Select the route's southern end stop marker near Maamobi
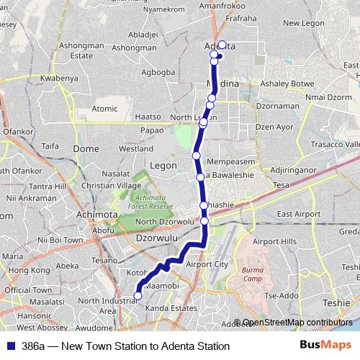click(138, 295)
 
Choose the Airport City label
click(207, 264)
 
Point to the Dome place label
click(86, 148)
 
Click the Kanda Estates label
click(171, 309)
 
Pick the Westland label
click(136, 149)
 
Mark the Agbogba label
click(159, 72)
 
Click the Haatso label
click(148, 116)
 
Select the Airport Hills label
click(274, 241)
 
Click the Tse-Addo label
click(281, 296)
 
